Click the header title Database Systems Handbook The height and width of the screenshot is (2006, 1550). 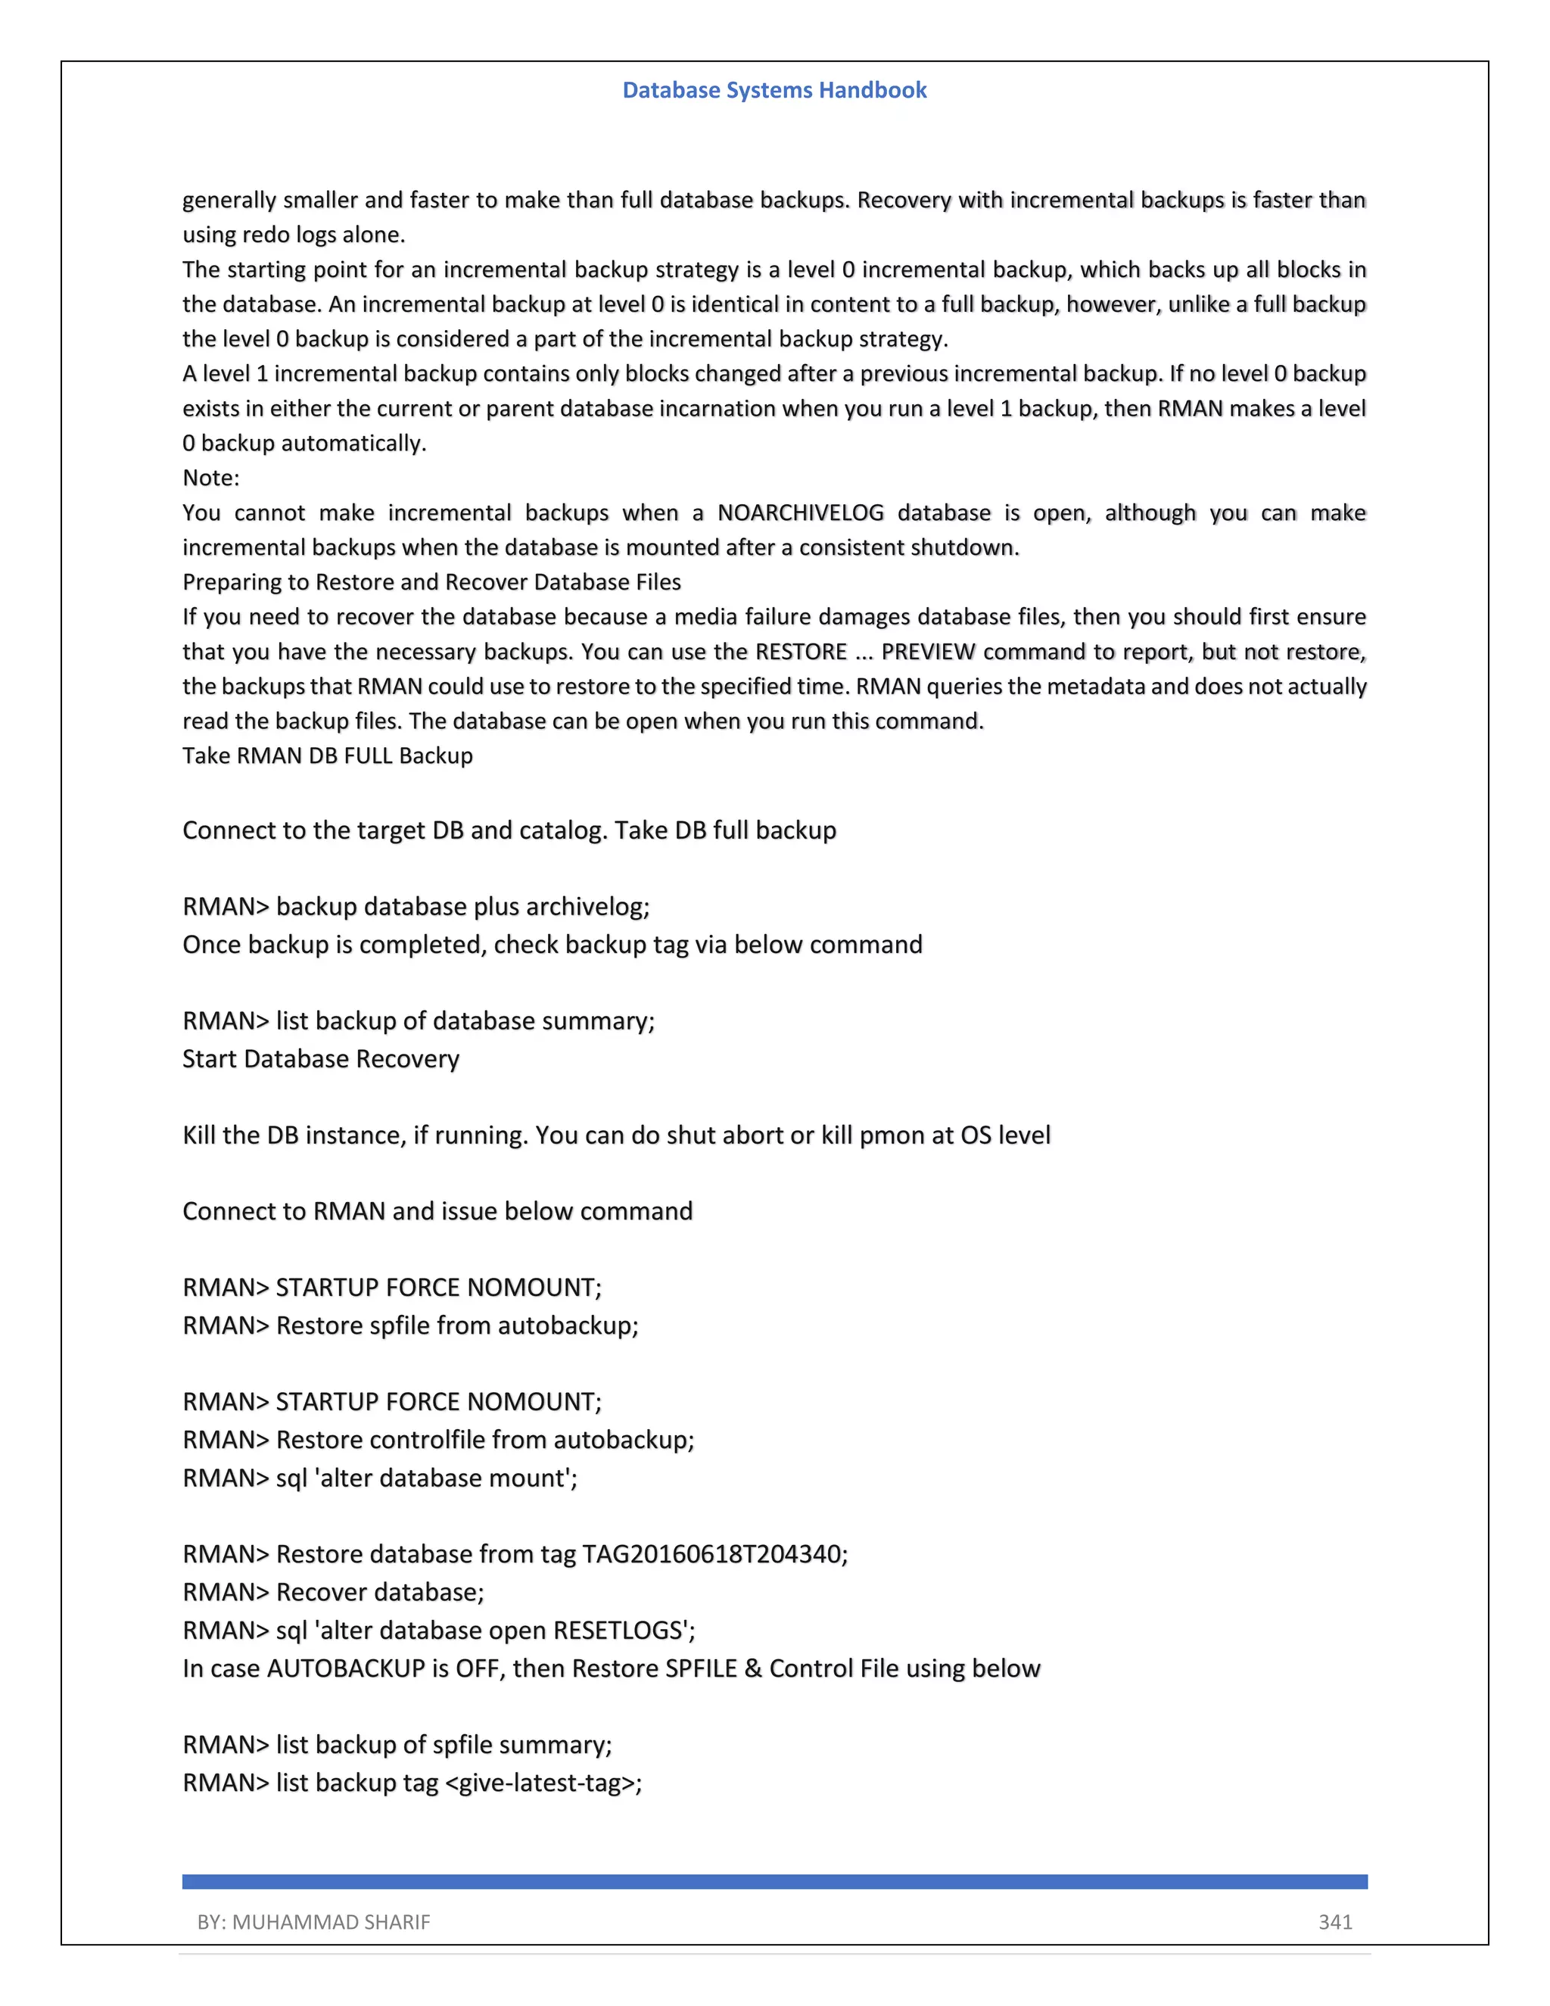[774, 90]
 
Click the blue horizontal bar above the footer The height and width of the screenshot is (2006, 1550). [774, 1882]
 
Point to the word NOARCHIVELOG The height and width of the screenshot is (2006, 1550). [800, 512]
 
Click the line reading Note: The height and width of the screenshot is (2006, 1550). [211, 478]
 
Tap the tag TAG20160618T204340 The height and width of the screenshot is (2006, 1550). [711, 1554]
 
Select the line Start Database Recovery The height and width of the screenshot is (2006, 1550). [320, 1059]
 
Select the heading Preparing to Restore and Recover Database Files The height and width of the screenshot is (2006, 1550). [431, 582]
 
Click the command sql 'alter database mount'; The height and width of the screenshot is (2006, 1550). [427, 1478]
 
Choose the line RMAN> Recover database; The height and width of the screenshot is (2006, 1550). [333, 1592]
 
